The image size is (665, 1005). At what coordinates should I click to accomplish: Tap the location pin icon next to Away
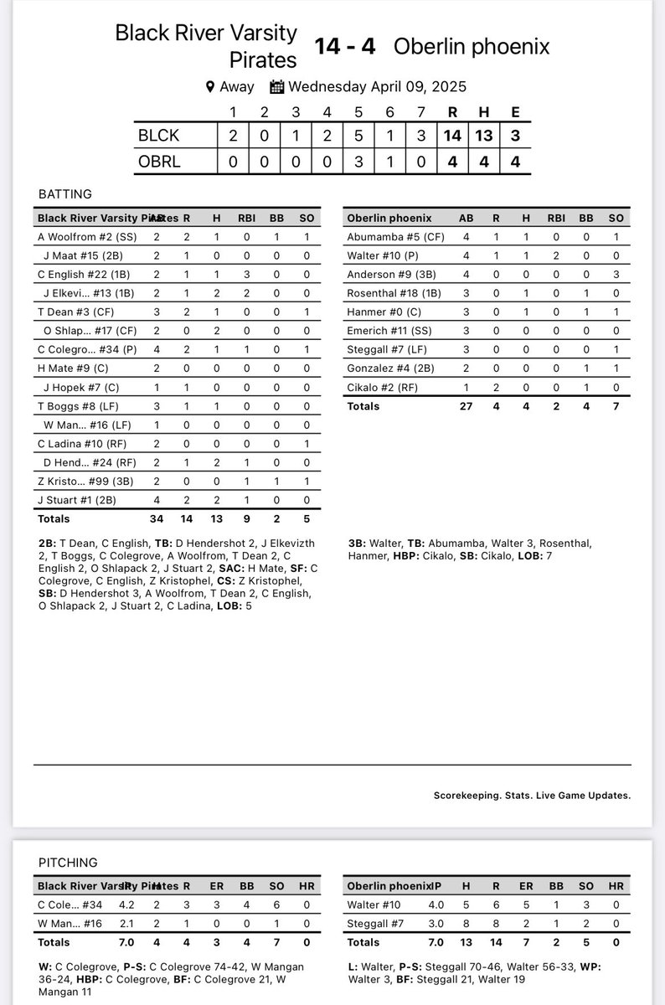click(210, 86)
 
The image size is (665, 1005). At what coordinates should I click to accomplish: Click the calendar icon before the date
click(277, 86)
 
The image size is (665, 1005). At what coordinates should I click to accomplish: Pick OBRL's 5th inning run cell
click(358, 162)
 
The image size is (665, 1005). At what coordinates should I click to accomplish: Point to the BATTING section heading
click(65, 193)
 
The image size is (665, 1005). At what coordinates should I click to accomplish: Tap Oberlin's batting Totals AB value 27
click(465, 406)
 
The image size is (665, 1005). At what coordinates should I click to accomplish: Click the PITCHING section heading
click(68, 862)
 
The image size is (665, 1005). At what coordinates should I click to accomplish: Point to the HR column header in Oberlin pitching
click(616, 885)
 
